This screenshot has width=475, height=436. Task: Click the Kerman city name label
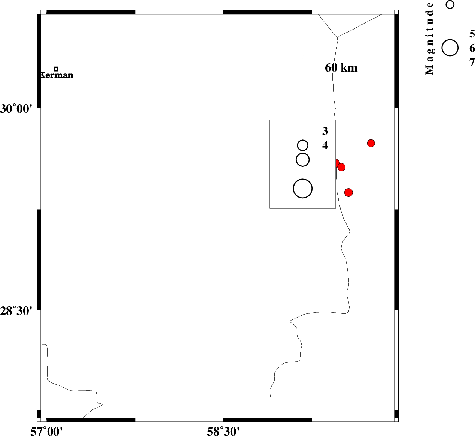(57, 75)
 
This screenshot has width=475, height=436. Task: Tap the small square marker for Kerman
(56, 69)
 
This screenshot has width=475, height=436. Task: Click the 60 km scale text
(341, 68)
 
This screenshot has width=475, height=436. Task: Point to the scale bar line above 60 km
(341, 55)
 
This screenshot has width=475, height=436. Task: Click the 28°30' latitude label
(16, 311)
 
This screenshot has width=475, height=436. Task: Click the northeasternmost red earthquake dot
(371, 143)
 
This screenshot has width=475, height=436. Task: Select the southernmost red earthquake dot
(348, 192)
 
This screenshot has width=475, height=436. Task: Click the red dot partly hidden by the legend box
(337, 163)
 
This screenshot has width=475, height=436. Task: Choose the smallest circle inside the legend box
(302, 145)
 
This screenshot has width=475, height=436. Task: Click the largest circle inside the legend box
(302, 188)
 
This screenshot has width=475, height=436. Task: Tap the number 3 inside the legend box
(325, 131)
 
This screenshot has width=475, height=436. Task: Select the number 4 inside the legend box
(325, 145)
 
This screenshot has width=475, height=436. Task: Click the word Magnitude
(429, 39)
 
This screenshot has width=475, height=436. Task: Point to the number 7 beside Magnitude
(472, 62)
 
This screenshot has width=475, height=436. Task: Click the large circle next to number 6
(450, 48)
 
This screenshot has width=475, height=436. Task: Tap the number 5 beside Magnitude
(472, 34)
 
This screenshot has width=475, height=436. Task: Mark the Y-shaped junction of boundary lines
(337, 37)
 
